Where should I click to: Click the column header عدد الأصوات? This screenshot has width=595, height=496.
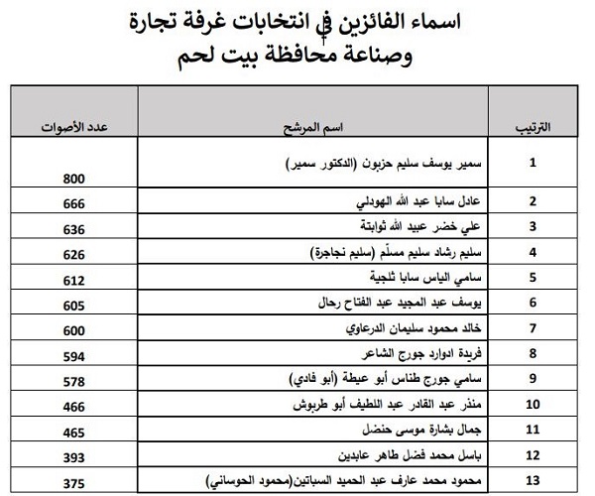pos(75,130)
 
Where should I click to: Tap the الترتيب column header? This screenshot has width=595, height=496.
pos(534,130)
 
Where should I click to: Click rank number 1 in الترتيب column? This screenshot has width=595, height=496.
pos(534,162)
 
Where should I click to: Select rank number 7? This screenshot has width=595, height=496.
pos(534,327)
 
